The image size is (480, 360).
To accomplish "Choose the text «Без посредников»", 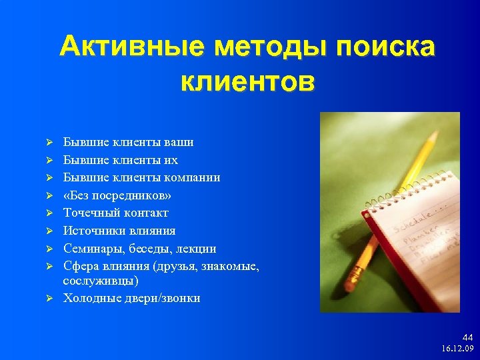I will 117,195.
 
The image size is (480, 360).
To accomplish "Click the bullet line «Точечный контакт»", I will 115,213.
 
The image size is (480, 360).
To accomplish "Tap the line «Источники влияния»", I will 119,231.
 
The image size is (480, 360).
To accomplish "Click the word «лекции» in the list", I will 197,249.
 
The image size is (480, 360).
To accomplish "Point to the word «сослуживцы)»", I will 101,281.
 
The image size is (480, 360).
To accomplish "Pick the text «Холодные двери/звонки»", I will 131,298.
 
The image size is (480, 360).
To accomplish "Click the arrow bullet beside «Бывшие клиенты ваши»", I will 49,143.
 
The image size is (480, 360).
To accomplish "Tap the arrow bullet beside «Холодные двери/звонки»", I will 49,299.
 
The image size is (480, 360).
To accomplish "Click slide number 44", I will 467,338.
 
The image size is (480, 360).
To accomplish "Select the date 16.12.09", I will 457,349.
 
